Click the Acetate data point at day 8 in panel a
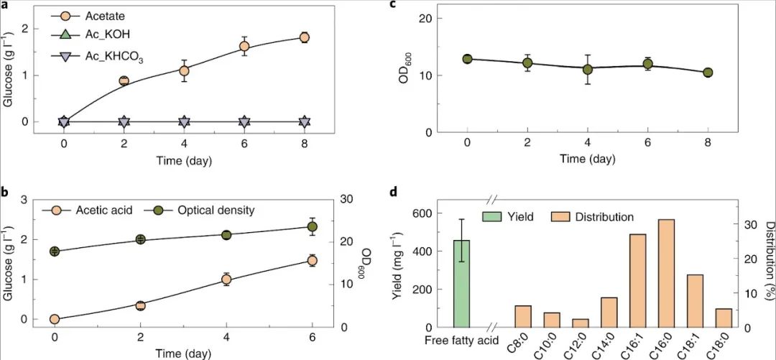click(304, 37)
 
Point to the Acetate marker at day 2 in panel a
click(124, 81)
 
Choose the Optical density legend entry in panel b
click(203, 211)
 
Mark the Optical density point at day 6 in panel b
click(312, 227)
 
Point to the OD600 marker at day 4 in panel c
click(588, 69)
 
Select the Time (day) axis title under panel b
click(183, 354)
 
